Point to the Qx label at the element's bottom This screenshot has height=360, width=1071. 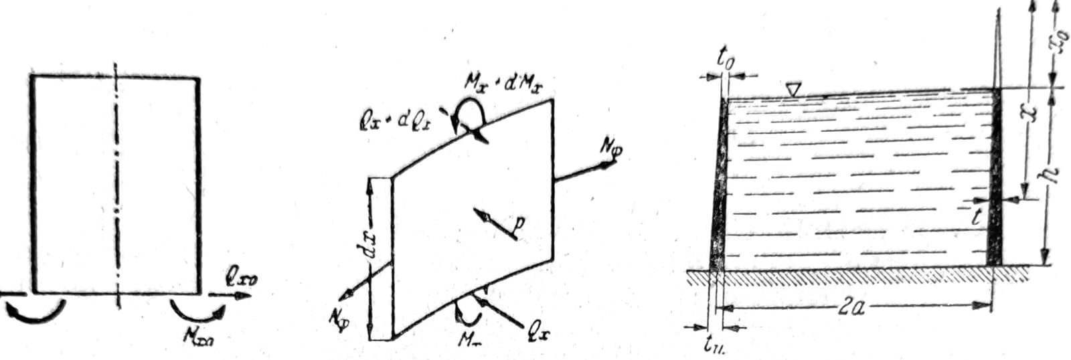[x=535, y=333]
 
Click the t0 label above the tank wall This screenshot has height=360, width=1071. [x=726, y=62]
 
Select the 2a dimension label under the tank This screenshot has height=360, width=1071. [x=853, y=308]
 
